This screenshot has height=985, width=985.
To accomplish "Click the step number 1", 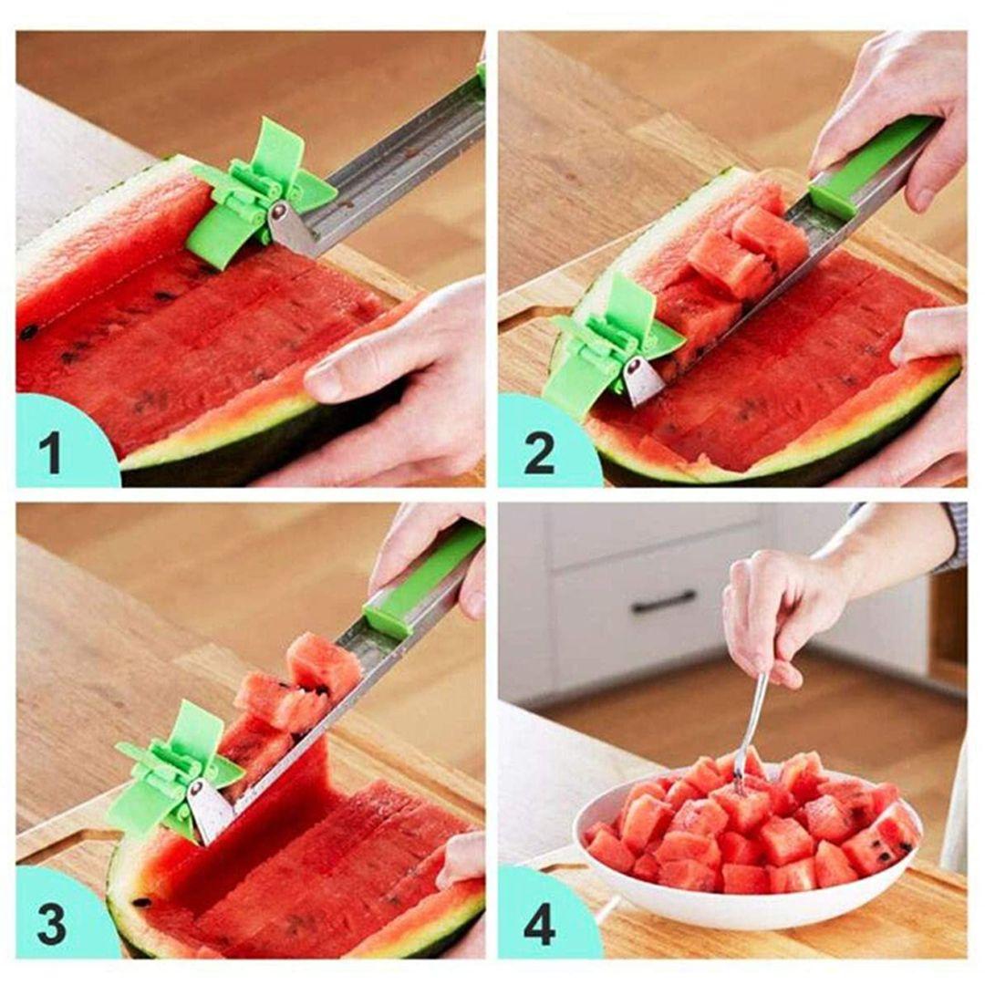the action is [x=50, y=453].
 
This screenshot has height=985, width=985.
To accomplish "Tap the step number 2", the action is [x=539, y=453].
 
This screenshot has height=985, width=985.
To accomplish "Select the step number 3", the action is [x=51, y=925].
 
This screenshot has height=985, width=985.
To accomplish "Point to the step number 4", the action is [x=539, y=925].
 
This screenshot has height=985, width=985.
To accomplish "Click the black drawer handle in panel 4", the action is [x=664, y=603].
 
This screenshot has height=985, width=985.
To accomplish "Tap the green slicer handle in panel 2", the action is [x=873, y=157].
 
